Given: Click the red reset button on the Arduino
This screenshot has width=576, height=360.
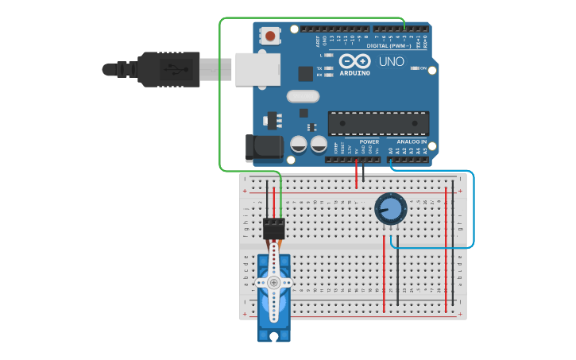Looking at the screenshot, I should [x=272, y=36].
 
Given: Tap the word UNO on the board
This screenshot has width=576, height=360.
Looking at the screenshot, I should [x=392, y=61].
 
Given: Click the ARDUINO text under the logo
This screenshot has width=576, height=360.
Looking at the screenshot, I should [x=354, y=73].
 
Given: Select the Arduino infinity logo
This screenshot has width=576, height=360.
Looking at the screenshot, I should [x=354, y=61].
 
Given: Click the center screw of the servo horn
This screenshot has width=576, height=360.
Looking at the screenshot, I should [x=274, y=282].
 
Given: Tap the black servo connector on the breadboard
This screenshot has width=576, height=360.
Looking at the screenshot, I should [x=274, y=229].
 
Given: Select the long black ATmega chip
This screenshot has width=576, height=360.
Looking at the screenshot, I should [x=378, y=124].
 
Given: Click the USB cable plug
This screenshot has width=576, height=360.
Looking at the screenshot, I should [x=167, y=69].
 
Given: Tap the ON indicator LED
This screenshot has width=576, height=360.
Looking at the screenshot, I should [x=416, y=68].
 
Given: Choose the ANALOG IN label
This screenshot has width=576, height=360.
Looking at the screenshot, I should [x=412, y=141].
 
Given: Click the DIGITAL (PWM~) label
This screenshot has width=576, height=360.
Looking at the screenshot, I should [x=389, y=45].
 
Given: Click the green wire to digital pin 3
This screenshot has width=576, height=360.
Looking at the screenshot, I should [x=220, y=95].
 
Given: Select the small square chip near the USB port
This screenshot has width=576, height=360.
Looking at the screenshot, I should [x=306, y=73].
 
